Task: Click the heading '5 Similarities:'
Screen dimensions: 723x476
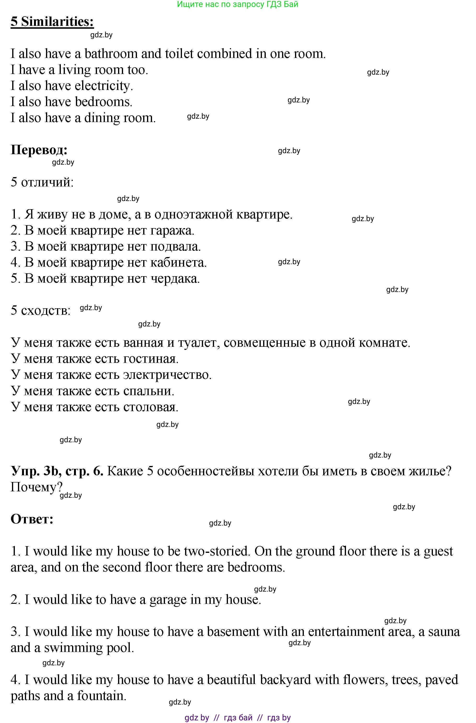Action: coord(52,22)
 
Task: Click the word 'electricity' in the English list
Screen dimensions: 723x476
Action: coord(103,86)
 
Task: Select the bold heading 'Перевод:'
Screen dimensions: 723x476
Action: coord(39,150)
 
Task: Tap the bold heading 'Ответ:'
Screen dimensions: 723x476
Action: coord(32,519)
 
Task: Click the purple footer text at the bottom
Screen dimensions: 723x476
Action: coord(238,717)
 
